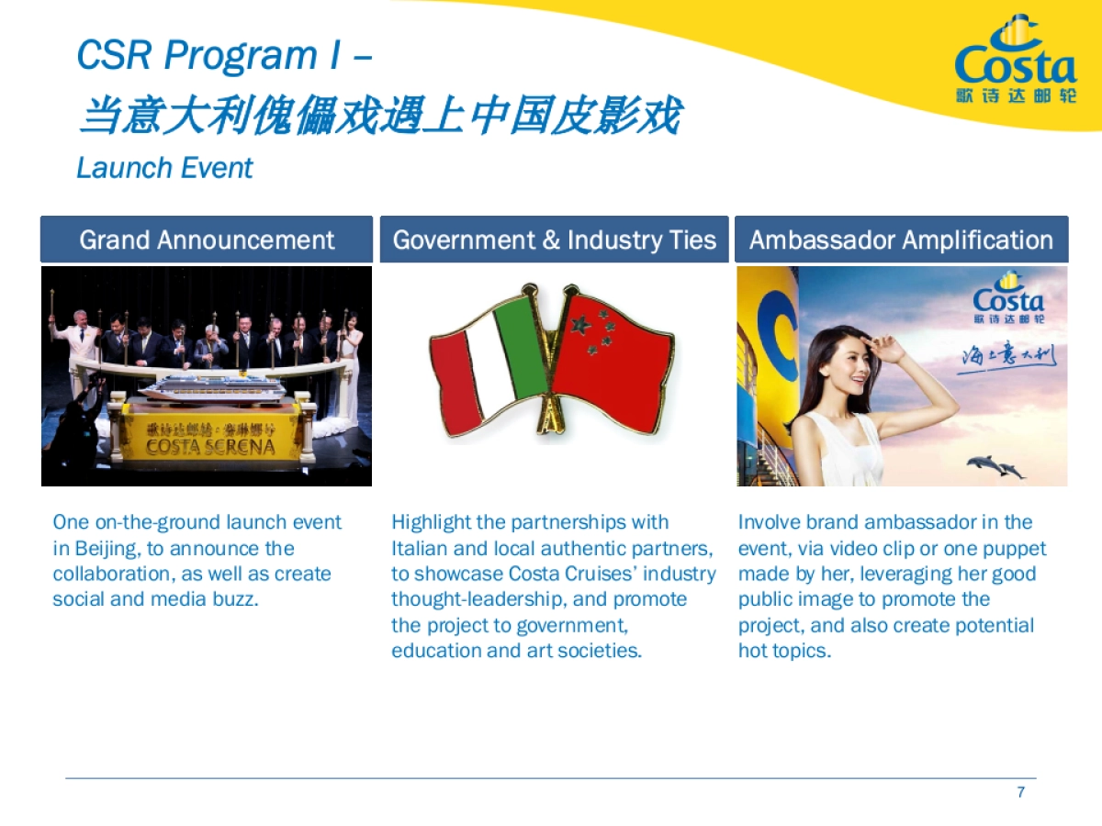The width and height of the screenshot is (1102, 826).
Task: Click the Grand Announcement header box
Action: coord(207,240)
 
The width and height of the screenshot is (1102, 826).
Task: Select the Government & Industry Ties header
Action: coord(554,240)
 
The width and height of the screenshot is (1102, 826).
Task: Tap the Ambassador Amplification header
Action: coord(901,240)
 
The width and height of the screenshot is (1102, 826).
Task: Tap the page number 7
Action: coord(1020,792)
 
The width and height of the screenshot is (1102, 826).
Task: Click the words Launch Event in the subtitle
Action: coord(164,168)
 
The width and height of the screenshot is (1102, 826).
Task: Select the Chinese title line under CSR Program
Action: coord(379,117)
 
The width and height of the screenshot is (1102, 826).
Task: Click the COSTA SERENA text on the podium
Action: coord(210,447)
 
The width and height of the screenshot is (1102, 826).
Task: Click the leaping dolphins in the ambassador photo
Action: coord(995,466)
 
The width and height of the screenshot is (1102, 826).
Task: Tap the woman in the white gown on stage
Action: coord(350,358)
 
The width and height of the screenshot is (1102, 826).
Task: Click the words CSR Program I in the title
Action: coord(209,55)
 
